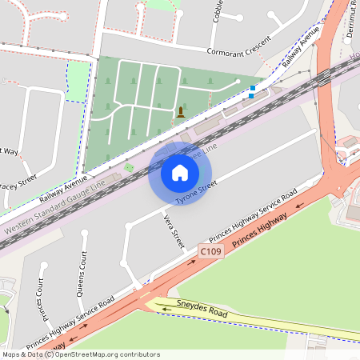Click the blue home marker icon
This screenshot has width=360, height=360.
pos(180,173)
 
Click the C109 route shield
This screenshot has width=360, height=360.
pos(210,252)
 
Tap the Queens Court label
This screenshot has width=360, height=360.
pos(81,274)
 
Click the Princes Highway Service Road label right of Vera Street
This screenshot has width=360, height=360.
pos(252,215)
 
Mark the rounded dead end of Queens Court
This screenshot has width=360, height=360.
pos(82,234)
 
